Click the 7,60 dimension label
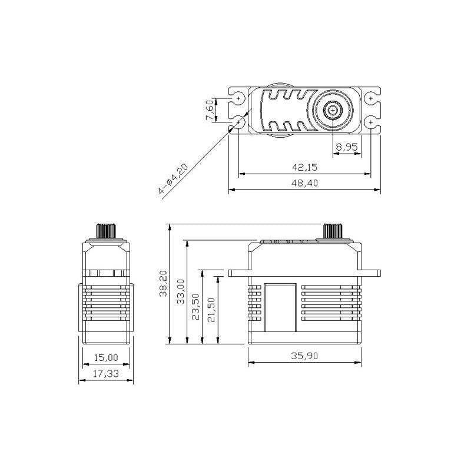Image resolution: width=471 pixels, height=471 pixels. (210, 110)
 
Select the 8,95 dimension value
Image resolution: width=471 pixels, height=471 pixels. (347, 147)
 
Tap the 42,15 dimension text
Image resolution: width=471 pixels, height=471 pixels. (304, 167)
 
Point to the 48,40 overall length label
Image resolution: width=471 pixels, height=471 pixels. (304, 183)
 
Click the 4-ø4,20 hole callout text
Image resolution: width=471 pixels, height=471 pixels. (173, 178)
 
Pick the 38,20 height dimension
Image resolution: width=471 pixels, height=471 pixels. (163, 284)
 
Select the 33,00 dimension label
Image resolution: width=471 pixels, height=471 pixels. (181, 291)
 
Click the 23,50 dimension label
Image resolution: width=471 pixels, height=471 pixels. (195, 307)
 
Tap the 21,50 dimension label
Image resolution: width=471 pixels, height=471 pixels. (211, 310)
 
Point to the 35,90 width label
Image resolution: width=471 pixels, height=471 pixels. (304, 356)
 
